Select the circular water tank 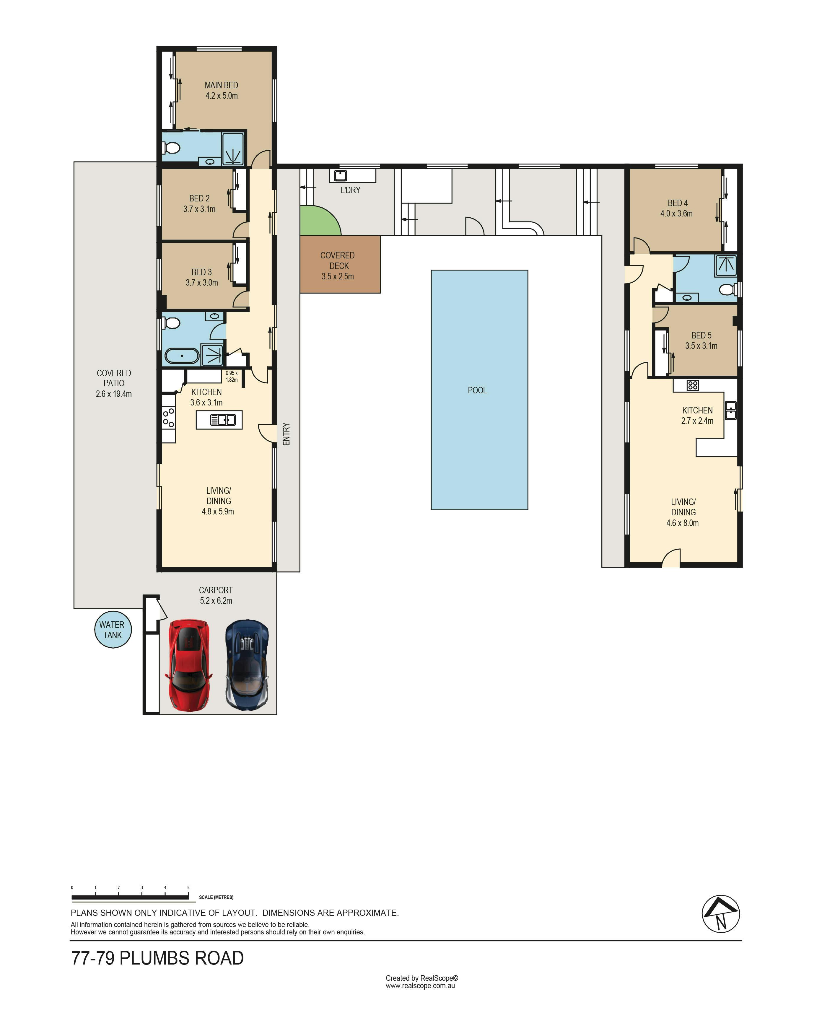[x=113, y=629]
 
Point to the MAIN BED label [x=221, y=85]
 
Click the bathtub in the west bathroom [x=182, y=356]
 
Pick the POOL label [x=477, y=390]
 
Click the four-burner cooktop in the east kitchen [x=692, y=385]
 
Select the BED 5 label [x=701, y=335]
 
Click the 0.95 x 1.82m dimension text [x=232, y=376]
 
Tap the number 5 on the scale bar [x=188, y=887]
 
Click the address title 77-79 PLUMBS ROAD [x=157, y=958]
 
